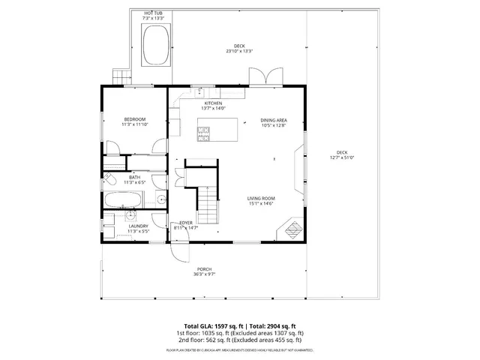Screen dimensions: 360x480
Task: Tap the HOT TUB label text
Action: tap(154, 13)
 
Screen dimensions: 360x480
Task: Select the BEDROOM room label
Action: tap(135, 119)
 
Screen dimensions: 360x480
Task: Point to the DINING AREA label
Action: tap(274, 120)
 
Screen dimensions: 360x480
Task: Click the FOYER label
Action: tap(184, 223)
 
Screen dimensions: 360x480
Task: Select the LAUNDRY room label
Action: tap(137, 226)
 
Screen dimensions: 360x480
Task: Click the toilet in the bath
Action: tap(109, 180)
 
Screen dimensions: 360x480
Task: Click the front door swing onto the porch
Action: tap(178, 250)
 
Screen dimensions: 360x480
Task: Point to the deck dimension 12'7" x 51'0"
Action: tap(341, 155)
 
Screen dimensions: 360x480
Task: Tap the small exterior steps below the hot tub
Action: tap(121, 76)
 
